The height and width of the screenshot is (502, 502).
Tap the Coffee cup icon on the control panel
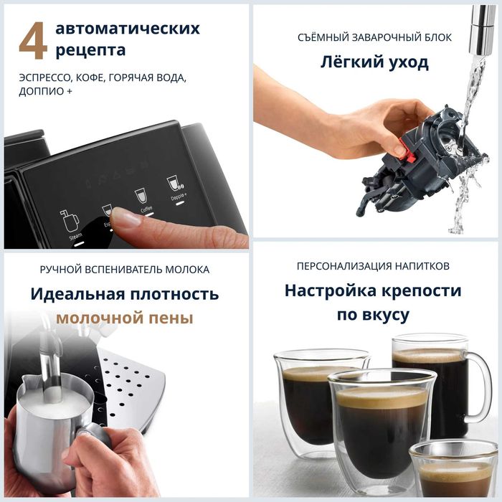(141, 196)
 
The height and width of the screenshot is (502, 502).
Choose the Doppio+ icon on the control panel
(173, 184)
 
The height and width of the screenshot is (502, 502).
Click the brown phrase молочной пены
(125, 318)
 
